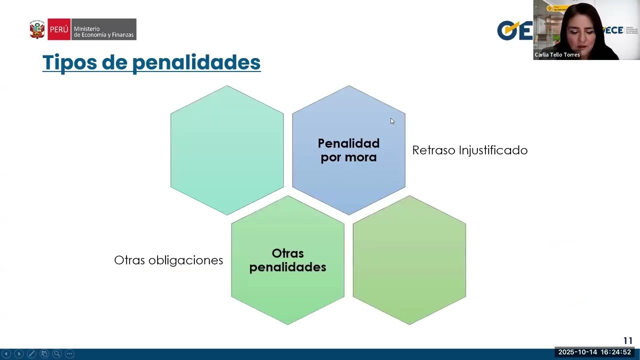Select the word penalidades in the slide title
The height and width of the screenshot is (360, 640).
tap(196, 62)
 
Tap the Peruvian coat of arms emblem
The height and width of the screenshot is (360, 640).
tap(37, 29)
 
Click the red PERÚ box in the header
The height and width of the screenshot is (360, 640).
tap(59, 29)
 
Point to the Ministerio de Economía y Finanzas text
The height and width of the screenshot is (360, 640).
tap(103, 32)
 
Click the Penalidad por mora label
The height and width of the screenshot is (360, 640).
tap(348, 150)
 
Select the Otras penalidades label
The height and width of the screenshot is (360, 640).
tap(287, 260)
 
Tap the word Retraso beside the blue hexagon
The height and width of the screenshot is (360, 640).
tap(433, 150)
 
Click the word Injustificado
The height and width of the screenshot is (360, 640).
tap(493, 150)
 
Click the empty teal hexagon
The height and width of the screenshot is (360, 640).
tap(227, 150)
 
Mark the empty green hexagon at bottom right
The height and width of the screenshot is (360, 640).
tap(409, 260)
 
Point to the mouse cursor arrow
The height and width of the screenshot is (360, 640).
tap(392, 121)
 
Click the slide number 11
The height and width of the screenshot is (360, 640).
tap(627, 341)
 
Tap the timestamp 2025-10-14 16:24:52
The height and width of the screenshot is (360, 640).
tap(594, 352)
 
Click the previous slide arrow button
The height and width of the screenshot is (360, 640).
tap(6, 354)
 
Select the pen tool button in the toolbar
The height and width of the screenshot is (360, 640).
tap(31, 354)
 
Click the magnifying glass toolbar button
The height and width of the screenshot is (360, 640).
tap(57, 354)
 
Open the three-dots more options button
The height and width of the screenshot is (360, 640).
tap(69, 354)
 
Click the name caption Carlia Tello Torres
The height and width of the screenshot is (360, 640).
tap(557, 55)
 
